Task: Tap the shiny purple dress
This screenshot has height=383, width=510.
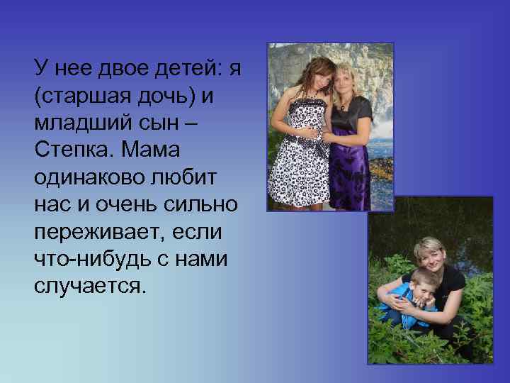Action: pyautogui.click(x=348, y=160)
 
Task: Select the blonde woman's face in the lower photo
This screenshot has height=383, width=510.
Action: pyautogui.click(x=430, y=255)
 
